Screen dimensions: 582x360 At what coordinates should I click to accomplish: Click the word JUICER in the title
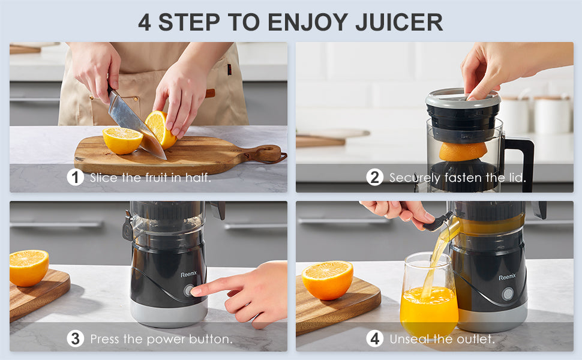tap(399, 22)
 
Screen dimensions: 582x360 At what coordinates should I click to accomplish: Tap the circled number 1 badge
tap(75, 178)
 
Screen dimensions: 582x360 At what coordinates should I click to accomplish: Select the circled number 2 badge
tap(374, 178)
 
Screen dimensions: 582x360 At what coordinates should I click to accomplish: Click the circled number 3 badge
tap(75, 338)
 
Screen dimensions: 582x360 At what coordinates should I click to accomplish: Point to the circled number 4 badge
tap(374, 338)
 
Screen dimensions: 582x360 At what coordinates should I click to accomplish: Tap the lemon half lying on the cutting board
tap(122, 140)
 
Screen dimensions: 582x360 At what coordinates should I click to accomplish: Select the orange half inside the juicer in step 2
tap(463, 151)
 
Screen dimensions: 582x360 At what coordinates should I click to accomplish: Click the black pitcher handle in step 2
tap(521, 162)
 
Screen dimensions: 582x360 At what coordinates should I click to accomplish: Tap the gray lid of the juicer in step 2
tap(463, 98)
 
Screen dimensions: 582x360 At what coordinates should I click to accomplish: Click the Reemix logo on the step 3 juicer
tap(189, 274)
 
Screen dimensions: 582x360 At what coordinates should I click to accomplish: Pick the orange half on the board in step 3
tap(29, 267)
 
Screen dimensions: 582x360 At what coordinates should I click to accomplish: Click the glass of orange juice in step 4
tap(429, 295)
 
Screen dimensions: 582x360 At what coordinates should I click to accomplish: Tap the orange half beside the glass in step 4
tap(328, 280)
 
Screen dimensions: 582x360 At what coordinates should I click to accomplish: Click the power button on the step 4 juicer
tap(507, 295)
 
